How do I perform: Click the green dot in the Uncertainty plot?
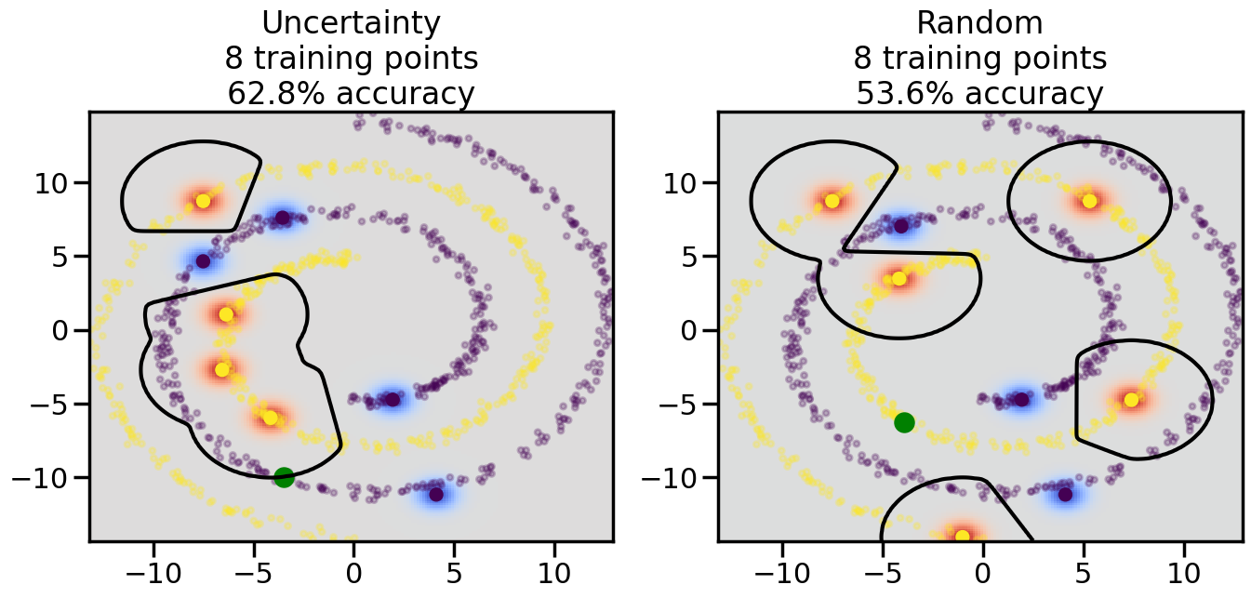[x=284, y=477]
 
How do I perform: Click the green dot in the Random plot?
[x=904, y=422]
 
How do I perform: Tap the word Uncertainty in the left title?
[x=351, y=22]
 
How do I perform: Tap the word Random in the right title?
[x=979, y=22]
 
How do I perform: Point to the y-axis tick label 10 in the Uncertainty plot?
[x=55, y=182]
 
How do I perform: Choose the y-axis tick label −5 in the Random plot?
[x=676, y=405]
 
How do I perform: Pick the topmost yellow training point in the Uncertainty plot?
[x=203, y=201]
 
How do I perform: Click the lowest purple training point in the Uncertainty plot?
[x=436, y=494]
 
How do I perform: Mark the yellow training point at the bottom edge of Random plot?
[x=962, y=536]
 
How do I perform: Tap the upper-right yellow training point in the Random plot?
[x=1089, y=201]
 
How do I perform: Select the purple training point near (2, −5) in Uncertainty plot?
[x=393, y=399]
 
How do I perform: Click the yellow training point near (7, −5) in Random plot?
[x=1131, y=400]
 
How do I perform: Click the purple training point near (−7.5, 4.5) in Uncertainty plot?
[x=203, y=260]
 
